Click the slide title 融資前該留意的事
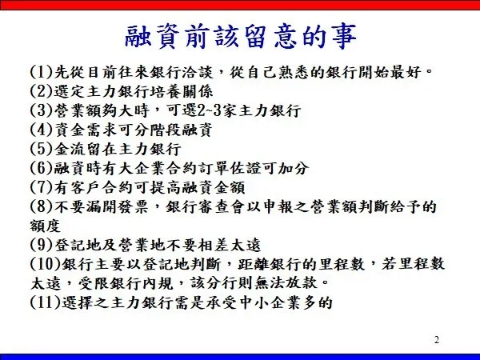[x=241, y=37]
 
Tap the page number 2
[x=437, y=340]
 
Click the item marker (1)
[x=42, y=73]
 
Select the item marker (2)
[x=42, y=91]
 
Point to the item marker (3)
[x=42, y=110]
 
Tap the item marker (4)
[x=42, y=130]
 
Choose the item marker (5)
[x=42, y=149]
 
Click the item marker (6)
[x=42, y=168]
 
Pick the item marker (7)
[x=42, y=187]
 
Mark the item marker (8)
[x=42, y=206]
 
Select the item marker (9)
[x=42, y=245]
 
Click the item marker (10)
[x=46, y=264]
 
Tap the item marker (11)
[x=46, y=302]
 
